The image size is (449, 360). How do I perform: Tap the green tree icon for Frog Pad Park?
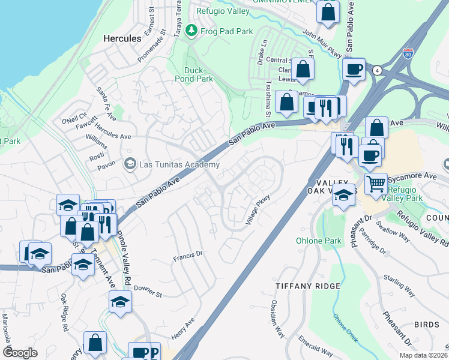point(191,30)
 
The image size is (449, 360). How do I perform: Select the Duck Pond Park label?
point(194,74)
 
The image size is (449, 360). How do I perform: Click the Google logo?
point(20,352)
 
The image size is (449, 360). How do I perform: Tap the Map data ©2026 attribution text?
point(423,355)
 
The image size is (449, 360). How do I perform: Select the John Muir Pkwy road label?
point(322,44)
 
